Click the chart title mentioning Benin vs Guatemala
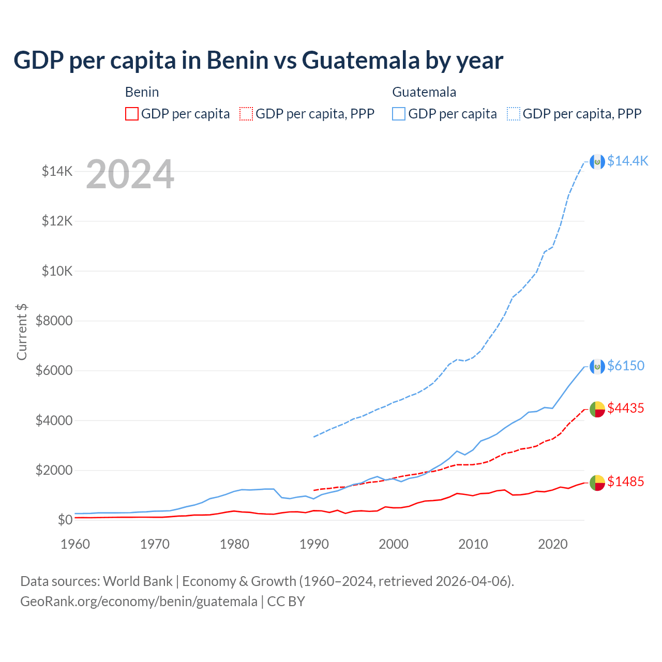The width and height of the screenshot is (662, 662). point(258,60)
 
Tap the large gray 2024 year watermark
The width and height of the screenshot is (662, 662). point(130,175)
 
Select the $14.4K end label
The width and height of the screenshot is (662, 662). point(627,161)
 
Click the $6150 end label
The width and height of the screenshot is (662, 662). point(626,366)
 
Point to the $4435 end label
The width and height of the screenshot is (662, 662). point(626,408)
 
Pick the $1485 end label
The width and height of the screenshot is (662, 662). point(626,482)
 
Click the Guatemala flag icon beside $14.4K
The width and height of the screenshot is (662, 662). point(597,161)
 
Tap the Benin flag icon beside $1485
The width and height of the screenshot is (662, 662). point(597,483)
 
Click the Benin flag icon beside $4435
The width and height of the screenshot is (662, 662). point(597,409)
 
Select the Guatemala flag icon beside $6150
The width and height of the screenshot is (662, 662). point(597,367)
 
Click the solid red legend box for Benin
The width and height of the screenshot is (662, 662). point(132,114)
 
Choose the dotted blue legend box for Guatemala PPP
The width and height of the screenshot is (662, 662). point(514,114)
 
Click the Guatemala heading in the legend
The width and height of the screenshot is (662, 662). point(424,92)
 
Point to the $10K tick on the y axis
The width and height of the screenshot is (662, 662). point(57,271)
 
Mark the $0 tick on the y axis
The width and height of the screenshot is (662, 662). point(65,520)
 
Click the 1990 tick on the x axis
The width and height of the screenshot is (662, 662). point(314,544)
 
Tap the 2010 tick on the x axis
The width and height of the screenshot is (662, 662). point(473,544)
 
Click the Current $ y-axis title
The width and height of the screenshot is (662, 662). point(22,332)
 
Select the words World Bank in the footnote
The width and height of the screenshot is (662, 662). point(138,581)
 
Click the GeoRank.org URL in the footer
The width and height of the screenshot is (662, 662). point(139,601)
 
